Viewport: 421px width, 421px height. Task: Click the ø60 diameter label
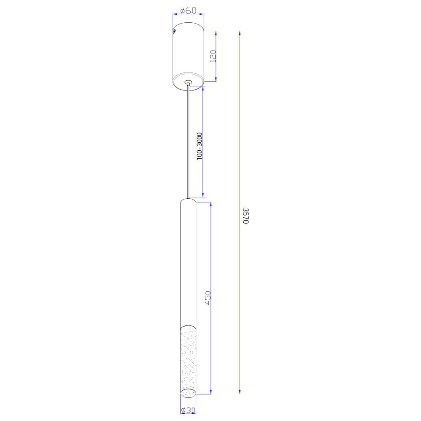click(188, 11)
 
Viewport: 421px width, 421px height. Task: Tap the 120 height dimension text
click(213, 56)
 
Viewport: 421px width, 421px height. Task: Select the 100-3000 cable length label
click(199, 147)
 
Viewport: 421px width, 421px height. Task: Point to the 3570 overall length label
click(246, 216)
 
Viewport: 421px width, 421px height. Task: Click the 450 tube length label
click(208, 298)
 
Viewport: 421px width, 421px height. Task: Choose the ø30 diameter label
click(188, 410)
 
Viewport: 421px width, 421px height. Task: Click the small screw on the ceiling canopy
click(174, 32)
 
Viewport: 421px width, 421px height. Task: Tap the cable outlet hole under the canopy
click(188, 82)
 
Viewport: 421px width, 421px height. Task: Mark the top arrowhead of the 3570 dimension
click(240, 33)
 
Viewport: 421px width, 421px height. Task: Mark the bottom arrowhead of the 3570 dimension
click(240, 392)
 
